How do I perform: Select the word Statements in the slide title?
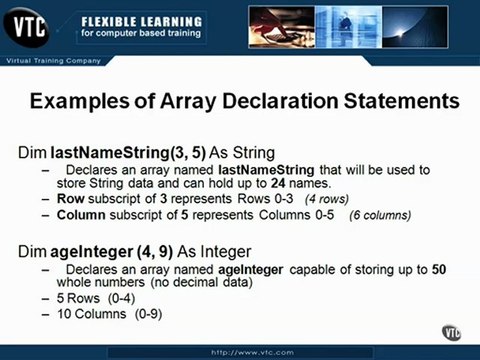(x=393, y=102)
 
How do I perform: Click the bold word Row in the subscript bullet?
(x=69, y=199)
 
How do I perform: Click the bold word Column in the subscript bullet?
(x=81, y=215)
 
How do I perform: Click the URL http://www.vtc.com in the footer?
(x=240, y=353)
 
